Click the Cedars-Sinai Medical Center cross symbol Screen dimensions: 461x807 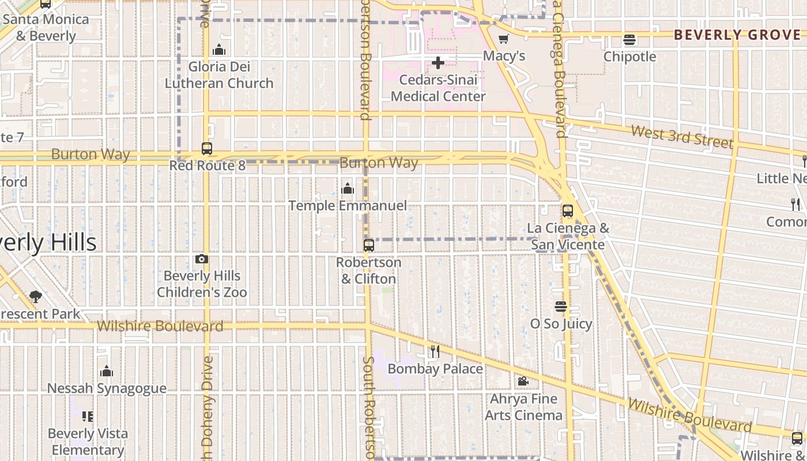tap(438, 63)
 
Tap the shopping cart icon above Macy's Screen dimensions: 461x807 tap(504, 39)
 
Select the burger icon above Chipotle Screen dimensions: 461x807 tap(629, 40)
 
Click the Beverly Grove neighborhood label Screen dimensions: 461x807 tap(740, 35)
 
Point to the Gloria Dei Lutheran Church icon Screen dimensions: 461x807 tap(219, 50)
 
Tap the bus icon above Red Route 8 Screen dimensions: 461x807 tap(207, 149)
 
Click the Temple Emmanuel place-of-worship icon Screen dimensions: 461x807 tap(348, 188)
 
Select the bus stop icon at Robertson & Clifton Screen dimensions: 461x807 tap(369, 245)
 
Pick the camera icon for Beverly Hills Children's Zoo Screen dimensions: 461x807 tap(202, 259)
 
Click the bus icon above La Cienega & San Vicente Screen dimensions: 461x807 tap(568, 211)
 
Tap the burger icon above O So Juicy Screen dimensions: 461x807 tap(561, 307)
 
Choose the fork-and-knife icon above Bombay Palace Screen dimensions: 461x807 tap(435, 351)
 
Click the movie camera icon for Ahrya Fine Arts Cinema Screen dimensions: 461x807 tap(523, 381)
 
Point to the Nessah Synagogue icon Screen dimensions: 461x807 tap(107, 371)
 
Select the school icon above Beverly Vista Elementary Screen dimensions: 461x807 tap(88, 416)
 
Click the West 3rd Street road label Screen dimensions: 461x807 tap(682, 137)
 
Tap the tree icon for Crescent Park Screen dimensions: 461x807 tap(36, 297)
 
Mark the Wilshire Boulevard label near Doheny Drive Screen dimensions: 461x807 tap(160, 326)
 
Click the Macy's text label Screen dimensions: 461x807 tap(504, 56)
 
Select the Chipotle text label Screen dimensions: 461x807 tap(629, 56)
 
